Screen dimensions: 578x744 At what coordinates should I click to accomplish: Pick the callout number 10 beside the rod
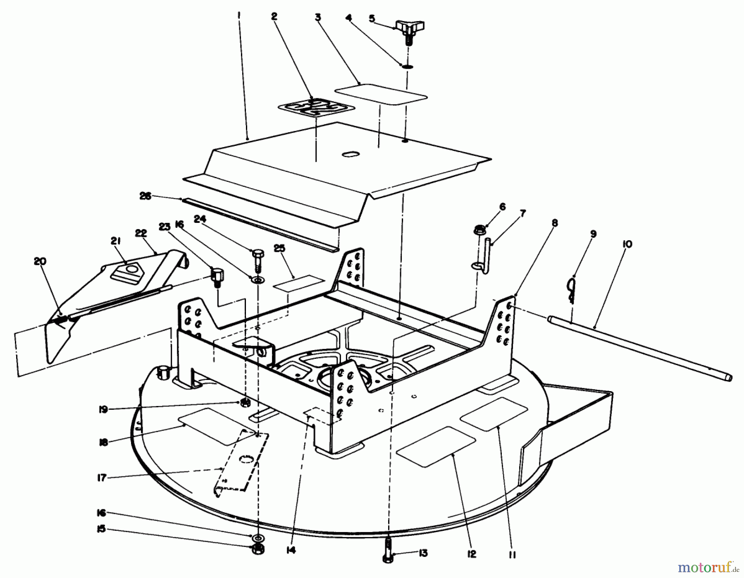(627, 245)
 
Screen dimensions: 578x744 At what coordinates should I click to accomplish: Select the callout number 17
(102, 478)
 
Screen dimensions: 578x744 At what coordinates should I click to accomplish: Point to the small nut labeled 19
(245, 401)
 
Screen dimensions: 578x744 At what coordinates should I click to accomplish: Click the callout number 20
(40, 261)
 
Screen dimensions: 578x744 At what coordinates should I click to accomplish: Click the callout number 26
(145, 196)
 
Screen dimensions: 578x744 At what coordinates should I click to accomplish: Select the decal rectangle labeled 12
(436, 447)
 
